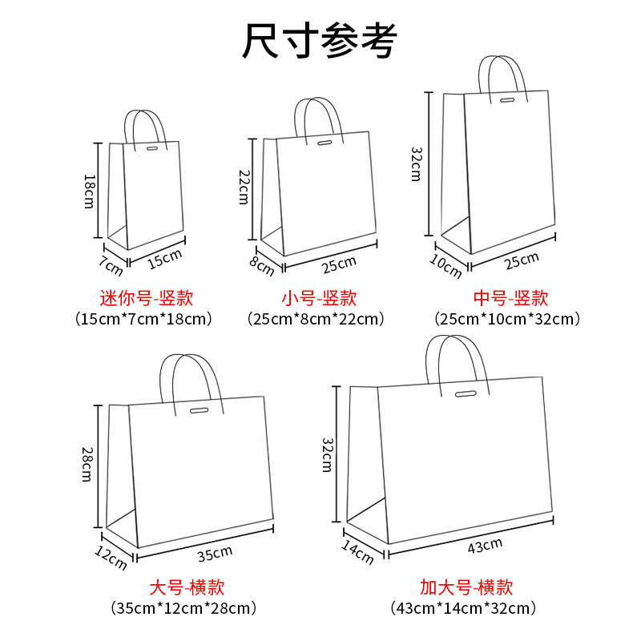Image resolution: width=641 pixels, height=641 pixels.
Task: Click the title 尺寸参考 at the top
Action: [320, 41]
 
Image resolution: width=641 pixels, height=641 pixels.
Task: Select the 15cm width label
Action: [166, 258]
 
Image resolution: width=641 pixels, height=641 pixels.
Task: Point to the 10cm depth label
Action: [446, 268]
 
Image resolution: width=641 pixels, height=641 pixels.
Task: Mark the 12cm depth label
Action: [111, 557]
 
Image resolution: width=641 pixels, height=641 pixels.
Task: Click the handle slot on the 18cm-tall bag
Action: [152, 149]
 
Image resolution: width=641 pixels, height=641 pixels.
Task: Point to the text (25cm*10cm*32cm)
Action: [507, 319]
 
